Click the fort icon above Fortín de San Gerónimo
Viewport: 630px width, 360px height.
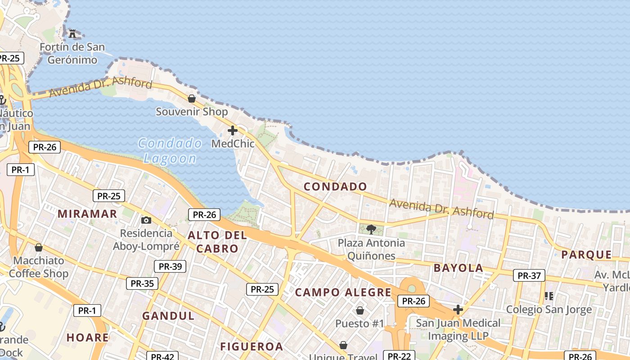point(72,33)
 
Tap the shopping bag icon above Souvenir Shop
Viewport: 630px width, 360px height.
point(192,98)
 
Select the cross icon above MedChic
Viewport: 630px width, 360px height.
point(233,130)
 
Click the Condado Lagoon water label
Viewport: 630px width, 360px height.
point(170,151)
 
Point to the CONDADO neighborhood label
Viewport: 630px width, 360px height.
point(335,186)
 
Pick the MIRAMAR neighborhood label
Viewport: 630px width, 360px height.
point(87,214)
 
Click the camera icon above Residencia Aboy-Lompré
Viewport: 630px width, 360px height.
point(146,220)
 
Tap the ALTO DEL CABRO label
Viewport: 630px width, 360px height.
point(217,242)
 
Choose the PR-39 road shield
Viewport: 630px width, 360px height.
point(170,266)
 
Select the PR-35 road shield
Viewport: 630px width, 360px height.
point(142,283)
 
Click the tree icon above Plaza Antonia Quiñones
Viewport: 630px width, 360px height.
point(371,229)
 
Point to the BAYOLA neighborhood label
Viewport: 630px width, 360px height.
point(458,268)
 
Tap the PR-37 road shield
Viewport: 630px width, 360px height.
point(529,275)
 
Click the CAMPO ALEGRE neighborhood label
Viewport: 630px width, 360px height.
point(343,292)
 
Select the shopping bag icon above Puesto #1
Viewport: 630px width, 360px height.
point(360,310)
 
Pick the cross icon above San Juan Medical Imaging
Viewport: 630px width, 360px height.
point(458,310)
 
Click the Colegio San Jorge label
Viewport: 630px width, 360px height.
point(549,310)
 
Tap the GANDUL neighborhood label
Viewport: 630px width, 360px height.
point(168,316)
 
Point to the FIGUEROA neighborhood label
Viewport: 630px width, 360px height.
point(252,346)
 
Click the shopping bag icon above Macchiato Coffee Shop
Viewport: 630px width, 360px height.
point(39,247)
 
